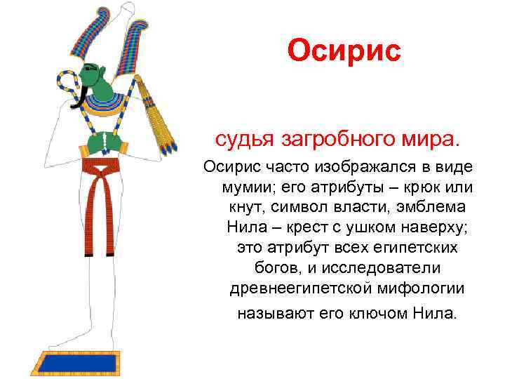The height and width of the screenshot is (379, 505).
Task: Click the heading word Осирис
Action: pyautogui.click(x=344, y=50)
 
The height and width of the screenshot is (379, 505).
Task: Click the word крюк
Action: pyautogui.click(x=412, y=190)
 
